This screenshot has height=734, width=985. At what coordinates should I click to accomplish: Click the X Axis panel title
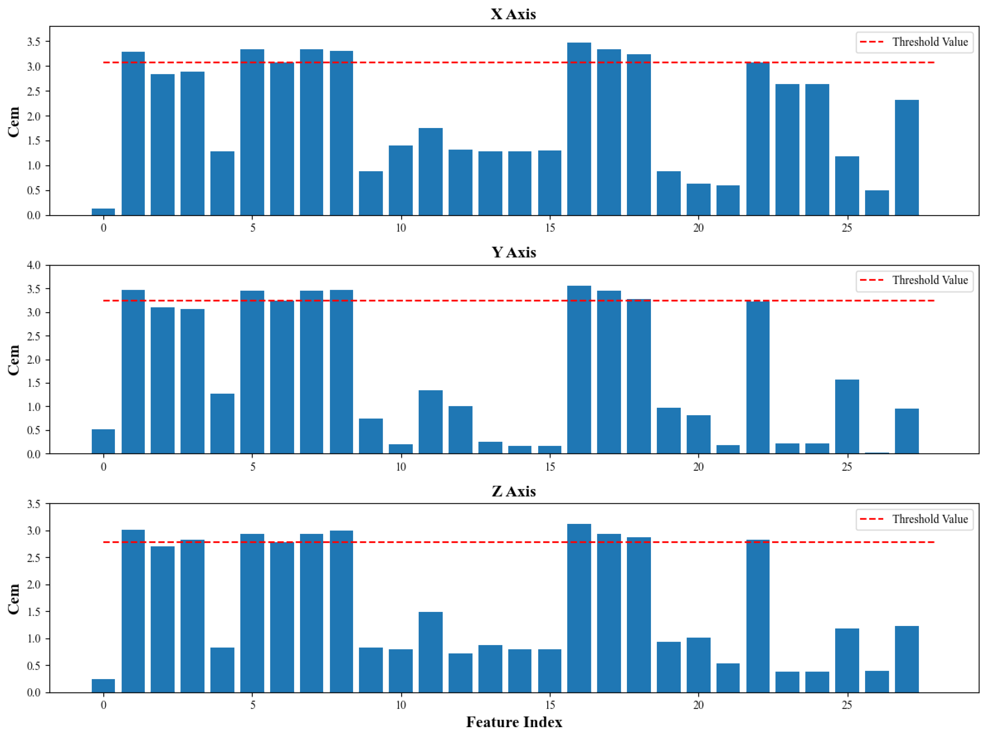(x=513, y=14)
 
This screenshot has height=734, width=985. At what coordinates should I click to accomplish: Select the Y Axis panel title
(x=514, y=252)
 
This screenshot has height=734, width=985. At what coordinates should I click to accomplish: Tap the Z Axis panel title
(x=514, y=491)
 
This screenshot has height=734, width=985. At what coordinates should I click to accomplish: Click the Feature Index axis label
(x=514, y=722)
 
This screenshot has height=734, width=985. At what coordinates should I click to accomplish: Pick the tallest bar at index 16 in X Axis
(x=579, y=129)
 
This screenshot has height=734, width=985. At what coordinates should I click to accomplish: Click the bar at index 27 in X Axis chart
(x=906, y=158)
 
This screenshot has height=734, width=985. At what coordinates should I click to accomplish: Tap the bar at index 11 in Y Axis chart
(x=431, y=422)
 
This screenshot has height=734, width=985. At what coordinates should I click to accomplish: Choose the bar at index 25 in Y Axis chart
(x=847, y=417)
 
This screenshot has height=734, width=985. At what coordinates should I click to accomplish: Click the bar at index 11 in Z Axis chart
(x=431, y=652)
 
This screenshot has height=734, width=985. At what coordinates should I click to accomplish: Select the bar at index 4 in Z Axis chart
(x=222, y=670)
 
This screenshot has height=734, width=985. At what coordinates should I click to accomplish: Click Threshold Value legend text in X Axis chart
(x=930, y=42)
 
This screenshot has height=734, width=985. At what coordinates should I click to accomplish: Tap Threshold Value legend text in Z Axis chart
(x=930, y=519)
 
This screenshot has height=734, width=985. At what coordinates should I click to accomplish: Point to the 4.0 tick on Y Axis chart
(x=34, y=265)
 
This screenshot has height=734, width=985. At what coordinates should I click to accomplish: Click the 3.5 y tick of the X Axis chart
(x=34, y=42)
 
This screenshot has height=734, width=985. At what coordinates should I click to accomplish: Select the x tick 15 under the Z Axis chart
(x=549, y=705)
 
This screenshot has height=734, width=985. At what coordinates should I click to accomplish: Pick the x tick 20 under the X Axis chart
(x=698, y=228)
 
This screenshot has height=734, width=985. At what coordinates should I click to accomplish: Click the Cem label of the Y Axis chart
(x=14, y=360)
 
